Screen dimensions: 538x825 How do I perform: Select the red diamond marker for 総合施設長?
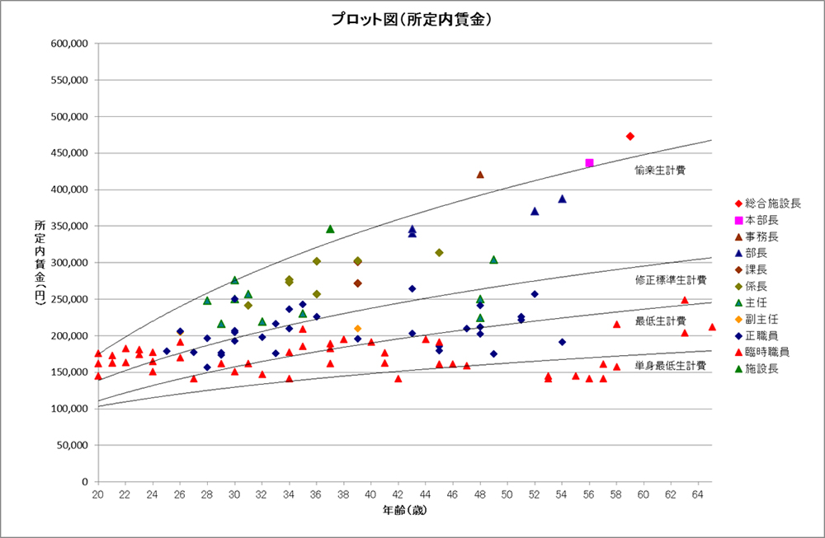pyautogui.click(x=630, y=136)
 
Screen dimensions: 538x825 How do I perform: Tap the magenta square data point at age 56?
pyautogui.click(x=589, y=163)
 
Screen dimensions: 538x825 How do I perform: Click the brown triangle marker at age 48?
pyautogui.click(x=480, y=175)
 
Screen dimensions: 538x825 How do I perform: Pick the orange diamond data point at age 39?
pyautogui.click(x=357, y=329)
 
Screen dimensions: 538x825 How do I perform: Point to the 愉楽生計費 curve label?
pyautogui.click(x=660, y=170)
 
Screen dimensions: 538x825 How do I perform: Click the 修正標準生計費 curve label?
pyautogui.click(x=671, y=280)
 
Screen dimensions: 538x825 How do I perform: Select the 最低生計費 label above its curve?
pyautogui.click(x=660, y=320)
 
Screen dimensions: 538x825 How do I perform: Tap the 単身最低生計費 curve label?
pyautogui.click(x=671, y=364)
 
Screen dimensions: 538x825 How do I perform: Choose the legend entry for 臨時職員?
pyautogui.click(x=766, y=352)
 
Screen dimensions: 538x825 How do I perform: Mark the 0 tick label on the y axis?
pyautogui.click(x=85, y=481)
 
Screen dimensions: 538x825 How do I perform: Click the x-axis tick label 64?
pyautogui.click(x=698, y=494)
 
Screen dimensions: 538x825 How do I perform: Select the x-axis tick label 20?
pyautogui.click(x=97, y=494)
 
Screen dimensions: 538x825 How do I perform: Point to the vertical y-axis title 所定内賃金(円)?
pyautogui.click(x=40, y=263)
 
